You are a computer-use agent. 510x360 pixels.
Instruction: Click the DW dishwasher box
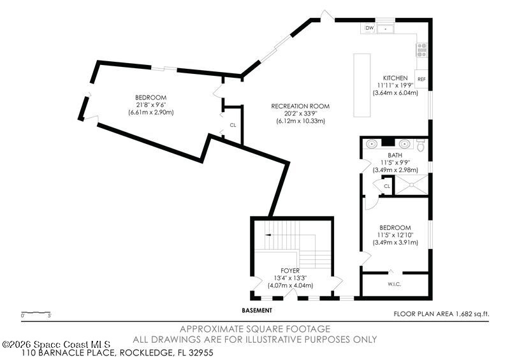point(370,28)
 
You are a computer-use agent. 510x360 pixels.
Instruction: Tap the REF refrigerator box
point(421,79)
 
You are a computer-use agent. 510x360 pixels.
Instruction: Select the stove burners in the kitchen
point(422,50)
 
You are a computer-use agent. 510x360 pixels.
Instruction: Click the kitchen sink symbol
point(386,29)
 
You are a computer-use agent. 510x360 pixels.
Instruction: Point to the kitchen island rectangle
point(362,85)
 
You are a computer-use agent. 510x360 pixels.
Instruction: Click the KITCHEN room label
point(395,78)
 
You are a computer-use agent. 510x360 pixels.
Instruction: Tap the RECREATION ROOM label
point(300,106)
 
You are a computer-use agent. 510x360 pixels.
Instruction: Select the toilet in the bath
point(421,145)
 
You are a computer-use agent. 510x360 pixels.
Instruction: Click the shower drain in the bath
point(411,185)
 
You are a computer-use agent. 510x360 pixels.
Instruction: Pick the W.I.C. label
point(394,284)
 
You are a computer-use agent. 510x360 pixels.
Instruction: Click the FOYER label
point(290,271)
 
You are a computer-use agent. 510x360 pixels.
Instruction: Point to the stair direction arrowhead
point(268,234)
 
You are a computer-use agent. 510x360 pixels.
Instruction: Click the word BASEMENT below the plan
point(257,310)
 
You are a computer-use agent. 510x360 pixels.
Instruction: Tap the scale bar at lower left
point(36,313)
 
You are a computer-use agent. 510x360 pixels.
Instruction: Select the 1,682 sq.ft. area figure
point(472,314)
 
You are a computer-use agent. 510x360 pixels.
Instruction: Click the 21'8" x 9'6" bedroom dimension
point(151,105)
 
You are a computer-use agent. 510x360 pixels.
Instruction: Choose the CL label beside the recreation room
point(233,125)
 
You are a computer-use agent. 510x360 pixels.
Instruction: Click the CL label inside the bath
point(387,186)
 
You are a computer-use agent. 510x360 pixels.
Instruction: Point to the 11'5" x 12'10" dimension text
point(395,235)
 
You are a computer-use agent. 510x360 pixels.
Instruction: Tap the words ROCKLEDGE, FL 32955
point(166,352)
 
